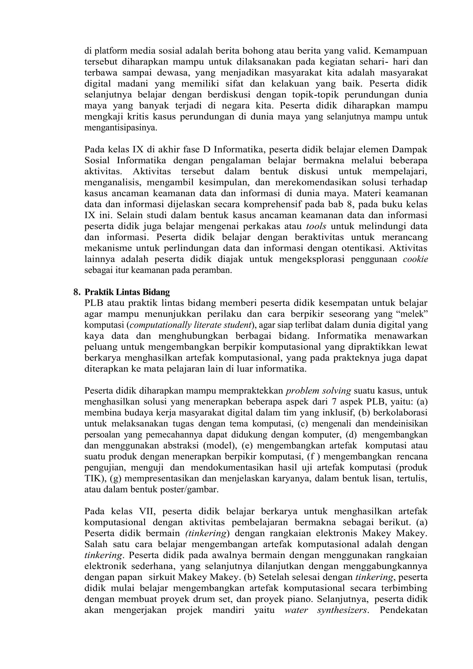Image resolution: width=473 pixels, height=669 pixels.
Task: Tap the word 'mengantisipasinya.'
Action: pyautogui.click(x=121, y=128)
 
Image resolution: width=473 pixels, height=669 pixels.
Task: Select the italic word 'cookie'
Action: pyautogui.click(x=415, y=259)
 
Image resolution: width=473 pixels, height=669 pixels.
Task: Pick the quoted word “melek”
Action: pyautogui.click(x=415, y=314)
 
